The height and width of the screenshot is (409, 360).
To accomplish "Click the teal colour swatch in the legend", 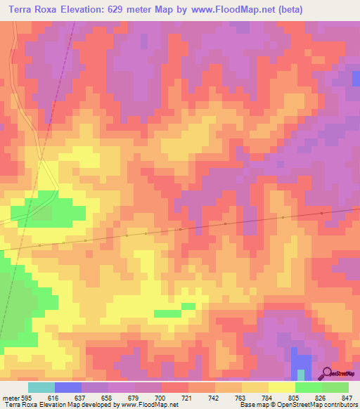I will point(41,387).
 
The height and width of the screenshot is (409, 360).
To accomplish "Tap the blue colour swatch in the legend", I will point(68,387).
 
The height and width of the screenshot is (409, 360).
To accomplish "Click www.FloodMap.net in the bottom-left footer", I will point(149,405).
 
